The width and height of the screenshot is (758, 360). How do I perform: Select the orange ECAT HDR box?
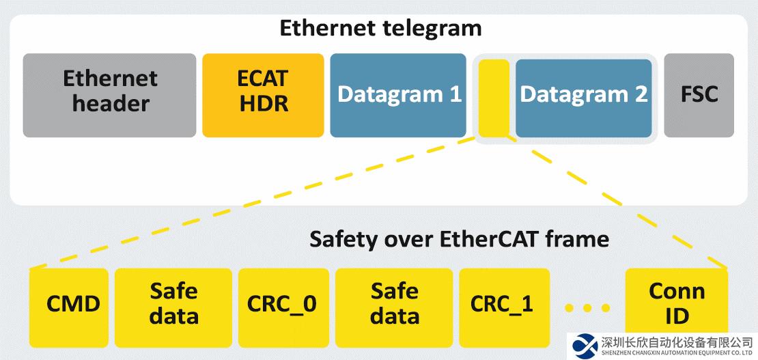click(263, 95)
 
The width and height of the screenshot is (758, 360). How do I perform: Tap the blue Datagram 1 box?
click(398, 95)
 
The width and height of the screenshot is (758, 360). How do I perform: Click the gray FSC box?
click(699, 95)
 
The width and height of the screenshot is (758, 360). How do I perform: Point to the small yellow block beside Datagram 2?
click(493, 98)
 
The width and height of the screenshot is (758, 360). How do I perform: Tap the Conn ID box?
click(677, 301)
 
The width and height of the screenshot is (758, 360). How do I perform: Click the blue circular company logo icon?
click(585, 346)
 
